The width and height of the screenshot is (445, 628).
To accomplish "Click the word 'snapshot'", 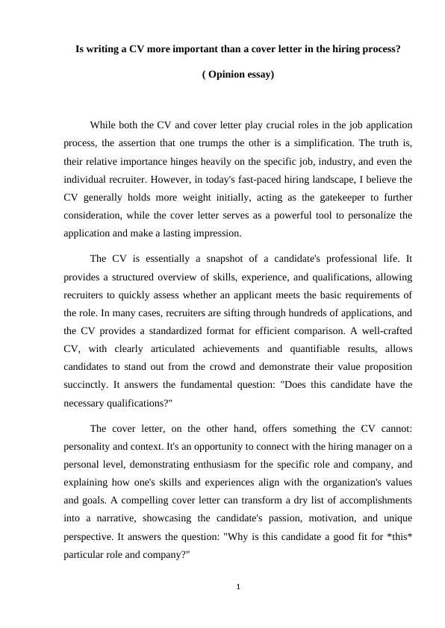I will pos(188,258).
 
